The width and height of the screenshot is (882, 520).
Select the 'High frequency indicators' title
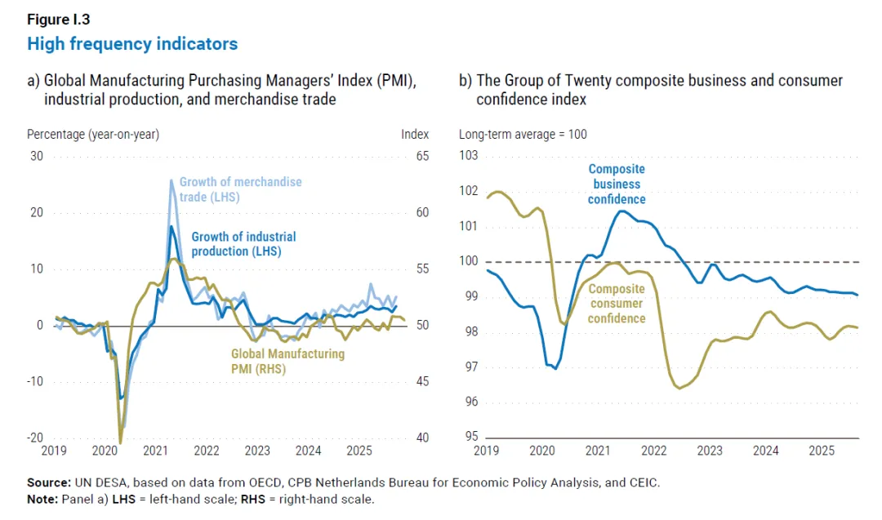coord(132,44)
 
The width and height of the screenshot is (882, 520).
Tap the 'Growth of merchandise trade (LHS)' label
coord(240,189)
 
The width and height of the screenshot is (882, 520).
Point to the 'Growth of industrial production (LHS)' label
coord(243,244)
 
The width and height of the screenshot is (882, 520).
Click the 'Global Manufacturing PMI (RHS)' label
coord(287,362)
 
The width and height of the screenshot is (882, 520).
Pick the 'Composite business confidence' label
coord(617,184)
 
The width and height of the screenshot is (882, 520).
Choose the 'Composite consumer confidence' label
coord(617,304)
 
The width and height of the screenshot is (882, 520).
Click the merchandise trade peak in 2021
coord(171,180)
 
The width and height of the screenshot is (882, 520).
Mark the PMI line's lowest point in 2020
coord(120,442)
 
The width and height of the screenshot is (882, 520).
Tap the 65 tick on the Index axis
coord(415,156)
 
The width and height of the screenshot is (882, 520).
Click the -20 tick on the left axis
coord(35,438)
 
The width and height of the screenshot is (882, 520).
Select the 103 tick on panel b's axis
coord(469,156)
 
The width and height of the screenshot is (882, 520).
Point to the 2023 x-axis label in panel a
coord(258,451)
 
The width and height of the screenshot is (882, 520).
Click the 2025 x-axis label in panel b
coord(820,451)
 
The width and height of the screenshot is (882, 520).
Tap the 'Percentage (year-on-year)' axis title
coord(93,135)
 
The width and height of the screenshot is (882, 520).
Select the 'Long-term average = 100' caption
coord(523,135)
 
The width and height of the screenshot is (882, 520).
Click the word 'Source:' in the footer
coord(48,483)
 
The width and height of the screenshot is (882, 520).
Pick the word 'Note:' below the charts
coord(42,498)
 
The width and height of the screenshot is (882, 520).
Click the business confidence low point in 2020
coord(555,369)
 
